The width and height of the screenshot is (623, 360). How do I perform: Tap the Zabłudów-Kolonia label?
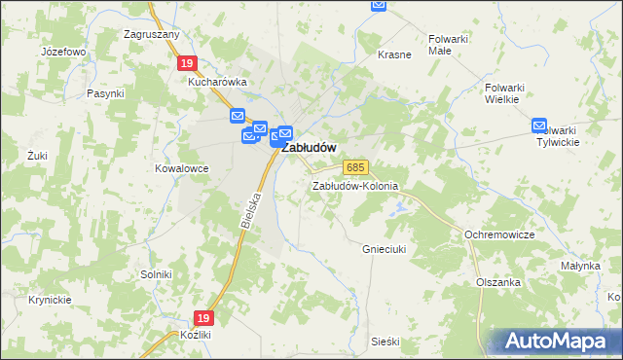pos(355,186)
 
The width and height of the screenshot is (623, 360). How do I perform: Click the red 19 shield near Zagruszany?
pos(188,62)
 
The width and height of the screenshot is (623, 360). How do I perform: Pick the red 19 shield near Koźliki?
pos(202,318)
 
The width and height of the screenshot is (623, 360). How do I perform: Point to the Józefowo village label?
pos(64,51)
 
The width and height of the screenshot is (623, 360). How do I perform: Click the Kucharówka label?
pos(218,83)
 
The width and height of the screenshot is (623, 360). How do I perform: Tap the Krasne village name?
pos(394,54)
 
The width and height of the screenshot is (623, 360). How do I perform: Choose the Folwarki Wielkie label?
pos(505,92)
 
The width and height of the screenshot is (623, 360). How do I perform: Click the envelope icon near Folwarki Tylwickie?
pos(540,126)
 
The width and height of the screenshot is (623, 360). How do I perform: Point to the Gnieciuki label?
pos(385,248)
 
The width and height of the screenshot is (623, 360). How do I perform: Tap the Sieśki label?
pos(385,342)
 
